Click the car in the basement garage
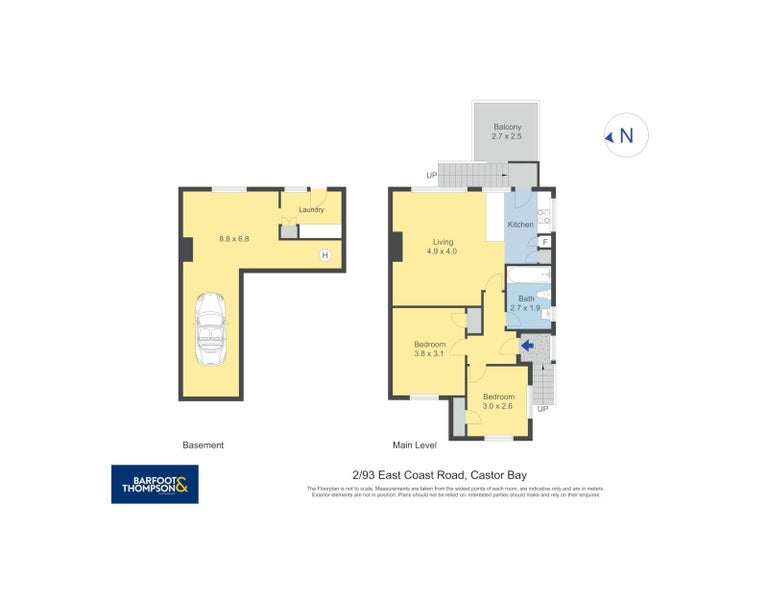tap(210, 329)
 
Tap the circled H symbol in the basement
tap(324, 256)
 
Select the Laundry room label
tap(311, 210)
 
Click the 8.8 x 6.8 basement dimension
tap(234, 238)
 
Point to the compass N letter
tap(627, 136)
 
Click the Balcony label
tap(508, 127)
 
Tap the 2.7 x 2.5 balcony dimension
tap(508, 136)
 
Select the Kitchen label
tap(520, 225)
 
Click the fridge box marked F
tap(545, 241)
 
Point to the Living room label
tap(443, 242)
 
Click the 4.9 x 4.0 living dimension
tap(443, 252)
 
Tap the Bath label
tap(525, 298)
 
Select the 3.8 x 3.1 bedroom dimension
tap(430, 354)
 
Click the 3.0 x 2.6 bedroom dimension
tap(498, 406)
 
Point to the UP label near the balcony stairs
tap(432, 176)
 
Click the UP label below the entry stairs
tap(543, 409)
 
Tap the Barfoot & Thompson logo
tap(154, 484)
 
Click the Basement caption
tap(203, 445)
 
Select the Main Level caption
tap(415, 445)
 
